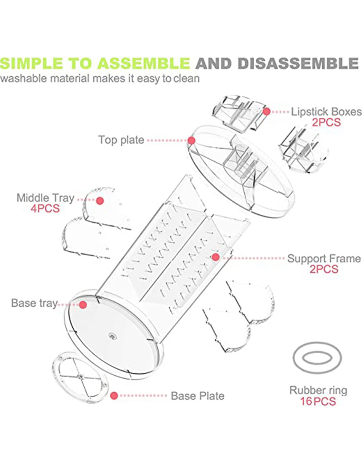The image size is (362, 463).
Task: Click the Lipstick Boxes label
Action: click(326, 112)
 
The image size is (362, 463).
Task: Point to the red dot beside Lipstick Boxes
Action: click(266, 111)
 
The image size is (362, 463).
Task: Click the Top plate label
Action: click(121, 140)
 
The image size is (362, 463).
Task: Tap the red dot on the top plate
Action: click(191, 140)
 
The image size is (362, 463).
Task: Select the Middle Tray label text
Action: click(45, 198)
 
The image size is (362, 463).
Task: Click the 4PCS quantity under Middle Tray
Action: click(45, 209)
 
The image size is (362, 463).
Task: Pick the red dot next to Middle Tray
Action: click(100, 201)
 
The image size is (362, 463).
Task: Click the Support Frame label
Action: click(324, 259)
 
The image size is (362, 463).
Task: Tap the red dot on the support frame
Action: click(216, 257)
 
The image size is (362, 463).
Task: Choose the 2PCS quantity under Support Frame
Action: click(324, 269)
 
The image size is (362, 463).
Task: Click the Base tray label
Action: click(34, 304)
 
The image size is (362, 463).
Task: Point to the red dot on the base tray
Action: click(83, 304)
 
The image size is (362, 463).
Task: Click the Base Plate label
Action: click(197, 396)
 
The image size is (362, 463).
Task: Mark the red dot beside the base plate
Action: click(114, 396)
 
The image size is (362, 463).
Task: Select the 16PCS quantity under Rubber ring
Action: click(318, 401)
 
